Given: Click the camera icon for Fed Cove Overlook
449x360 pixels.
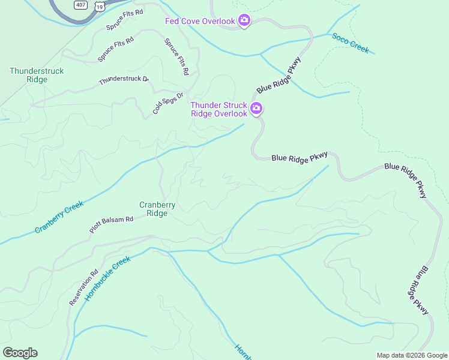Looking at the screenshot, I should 244,21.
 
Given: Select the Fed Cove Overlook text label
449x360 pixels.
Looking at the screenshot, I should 200,22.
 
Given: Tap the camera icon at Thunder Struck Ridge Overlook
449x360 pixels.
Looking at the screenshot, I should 256,109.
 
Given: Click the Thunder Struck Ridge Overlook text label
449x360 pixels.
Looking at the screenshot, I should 219,109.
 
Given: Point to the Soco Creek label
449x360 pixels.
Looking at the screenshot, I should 350,43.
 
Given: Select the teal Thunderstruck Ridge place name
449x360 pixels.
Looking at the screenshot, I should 37,75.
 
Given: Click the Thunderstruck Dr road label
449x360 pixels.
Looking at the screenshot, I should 123,79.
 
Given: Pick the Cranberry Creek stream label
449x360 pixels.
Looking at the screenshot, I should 59,218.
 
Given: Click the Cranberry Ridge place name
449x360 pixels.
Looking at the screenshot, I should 157,209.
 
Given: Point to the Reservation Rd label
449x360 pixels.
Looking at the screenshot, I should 83,288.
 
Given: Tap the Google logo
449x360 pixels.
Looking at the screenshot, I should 20,353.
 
